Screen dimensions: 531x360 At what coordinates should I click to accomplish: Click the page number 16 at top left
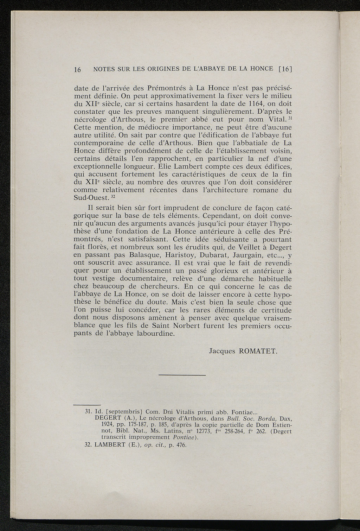[77, 69]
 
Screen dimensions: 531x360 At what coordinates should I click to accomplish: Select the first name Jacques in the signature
[222, 351]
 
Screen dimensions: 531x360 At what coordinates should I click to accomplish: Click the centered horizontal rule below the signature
[182, 375]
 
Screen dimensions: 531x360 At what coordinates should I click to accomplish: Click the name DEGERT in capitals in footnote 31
[109, 418]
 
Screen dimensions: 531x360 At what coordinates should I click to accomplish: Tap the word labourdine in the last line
[155, 334]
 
